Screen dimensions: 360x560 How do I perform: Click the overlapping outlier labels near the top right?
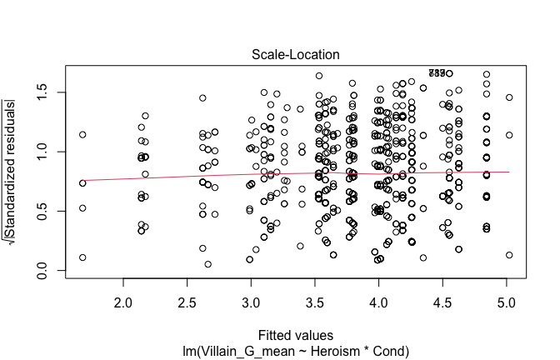pos(441,72)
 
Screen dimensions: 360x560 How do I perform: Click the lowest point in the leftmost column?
pos(82,257)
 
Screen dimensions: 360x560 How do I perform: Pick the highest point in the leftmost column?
pos(82,134)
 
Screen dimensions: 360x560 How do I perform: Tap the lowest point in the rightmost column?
pos(509,255)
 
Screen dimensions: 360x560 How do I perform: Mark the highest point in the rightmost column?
pos(509,97)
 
